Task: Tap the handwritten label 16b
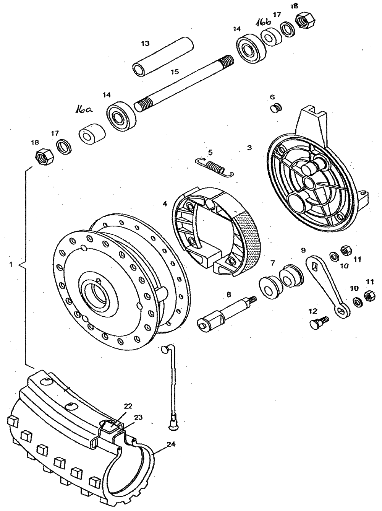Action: (x=264, y=22)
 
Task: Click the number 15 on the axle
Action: (x=175, y=72)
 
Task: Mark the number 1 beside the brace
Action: (x=11, y=264)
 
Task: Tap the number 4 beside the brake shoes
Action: (x=165, y=204)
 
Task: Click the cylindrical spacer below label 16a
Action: (x=91, y=133)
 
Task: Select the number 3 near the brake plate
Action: (x=249, y=147)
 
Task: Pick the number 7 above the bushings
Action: (x=272, y=263)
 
